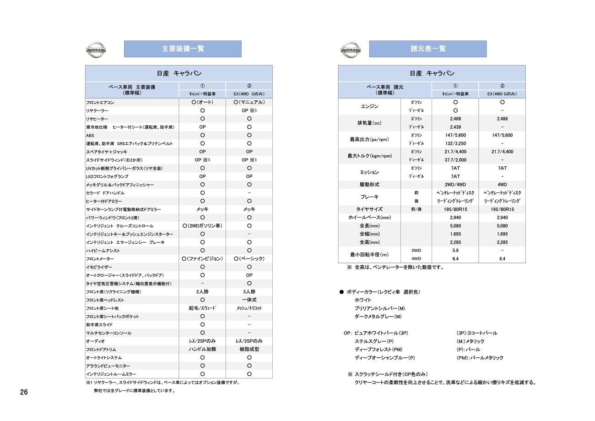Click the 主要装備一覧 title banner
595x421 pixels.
(x=183, y=49)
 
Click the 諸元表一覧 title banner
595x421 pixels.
(x=427, y=49)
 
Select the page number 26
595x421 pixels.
(x=24, y=392)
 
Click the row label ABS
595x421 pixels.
(x=90, y=136)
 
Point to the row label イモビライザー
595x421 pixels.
(x=99, y=267)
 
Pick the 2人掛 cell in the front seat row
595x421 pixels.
(x=202, y=292)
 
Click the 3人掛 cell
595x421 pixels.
(x=249, y=292)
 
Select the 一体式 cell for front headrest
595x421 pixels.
(x=249, y=300)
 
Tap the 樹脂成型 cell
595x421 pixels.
(x=249, y=349)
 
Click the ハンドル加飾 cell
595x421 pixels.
(x=202, y=349)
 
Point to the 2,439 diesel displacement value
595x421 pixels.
(x=455, y=127)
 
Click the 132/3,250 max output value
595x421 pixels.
(x=455, y=143)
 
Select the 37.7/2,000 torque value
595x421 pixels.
(x=455, y=160)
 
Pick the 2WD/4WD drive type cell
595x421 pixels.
(x=455, y=185)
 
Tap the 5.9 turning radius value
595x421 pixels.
(x=455, y=251)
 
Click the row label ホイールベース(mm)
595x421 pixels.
(x=369, y=218)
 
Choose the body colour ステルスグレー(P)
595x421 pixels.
(x=374, y=341)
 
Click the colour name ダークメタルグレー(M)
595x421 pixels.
(x=378, y=317)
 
